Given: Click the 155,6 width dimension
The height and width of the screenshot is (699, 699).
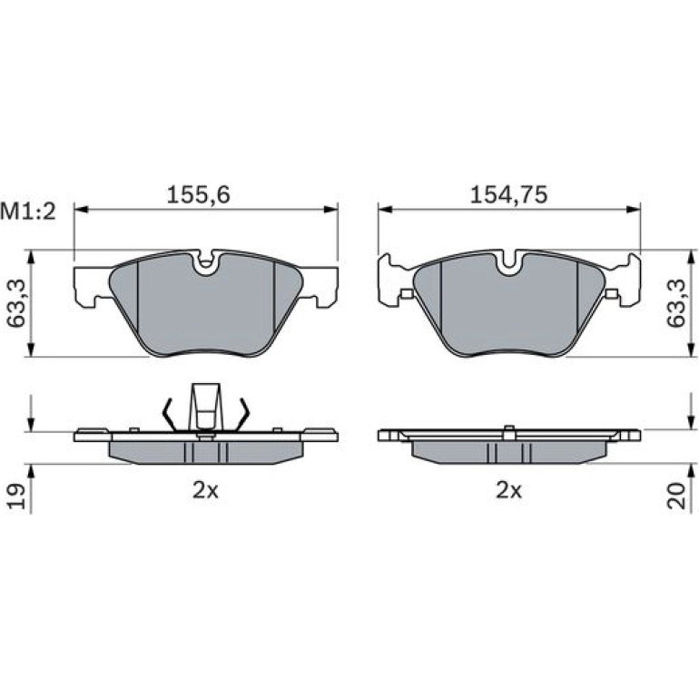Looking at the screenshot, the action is [x=199, y=195].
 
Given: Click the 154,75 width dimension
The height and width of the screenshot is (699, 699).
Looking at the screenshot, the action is [x=508, y=195].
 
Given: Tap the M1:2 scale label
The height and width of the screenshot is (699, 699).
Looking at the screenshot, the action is [x=28, y=212].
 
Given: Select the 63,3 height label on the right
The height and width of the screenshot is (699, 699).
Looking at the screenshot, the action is [x=675, y=303].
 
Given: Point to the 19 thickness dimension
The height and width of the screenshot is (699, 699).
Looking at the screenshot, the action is [x=17, y=496].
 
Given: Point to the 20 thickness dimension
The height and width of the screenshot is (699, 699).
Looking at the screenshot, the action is [x=676, y=496].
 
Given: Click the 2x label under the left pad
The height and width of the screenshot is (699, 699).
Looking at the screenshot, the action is [x=205, y=491].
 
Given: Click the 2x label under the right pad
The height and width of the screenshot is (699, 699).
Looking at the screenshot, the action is [x=508, y=491].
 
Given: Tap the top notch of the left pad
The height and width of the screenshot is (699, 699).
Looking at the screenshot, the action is [x=205, y=262].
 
